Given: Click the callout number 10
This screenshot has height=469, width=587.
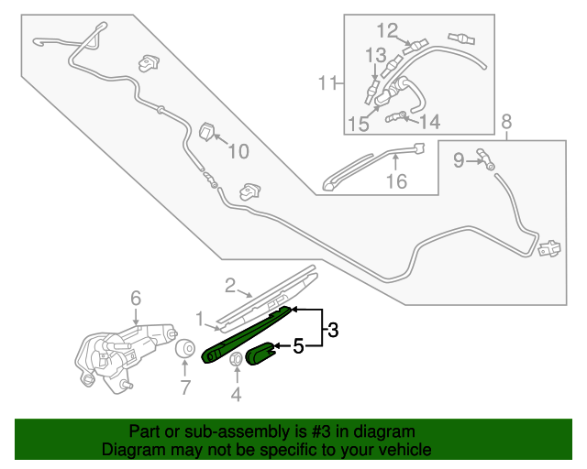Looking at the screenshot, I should (x=238, y=152).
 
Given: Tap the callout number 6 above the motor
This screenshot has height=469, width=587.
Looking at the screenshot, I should (x=135, y=298).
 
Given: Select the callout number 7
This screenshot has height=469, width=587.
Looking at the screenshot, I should (x=185, y=387).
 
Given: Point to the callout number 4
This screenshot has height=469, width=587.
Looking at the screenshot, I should (x=235, y=395).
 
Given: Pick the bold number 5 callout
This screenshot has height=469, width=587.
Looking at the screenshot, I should (x=297, y=346).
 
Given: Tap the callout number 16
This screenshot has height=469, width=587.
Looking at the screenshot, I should (x=395, y=181).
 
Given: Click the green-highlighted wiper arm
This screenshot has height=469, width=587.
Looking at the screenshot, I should (x=246, y=335).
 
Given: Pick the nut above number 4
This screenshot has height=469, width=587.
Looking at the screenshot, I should (x=234, y=358).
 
